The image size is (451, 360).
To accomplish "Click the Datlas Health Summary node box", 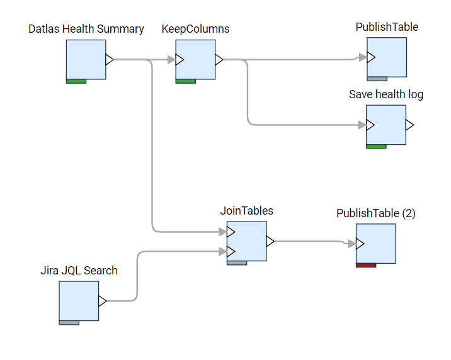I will click(86, 60).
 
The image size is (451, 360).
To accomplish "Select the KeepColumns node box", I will click(195, 60).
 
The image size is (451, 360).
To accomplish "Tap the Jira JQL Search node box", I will click(79, 301).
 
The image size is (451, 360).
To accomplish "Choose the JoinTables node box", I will click(246, 241).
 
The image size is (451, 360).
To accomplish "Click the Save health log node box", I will click(385, 125).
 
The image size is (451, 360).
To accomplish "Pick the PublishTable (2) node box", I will click(375, 244).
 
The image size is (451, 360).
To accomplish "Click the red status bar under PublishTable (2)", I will click(366, 266).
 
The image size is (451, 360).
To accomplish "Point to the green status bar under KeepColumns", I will click(185, 81).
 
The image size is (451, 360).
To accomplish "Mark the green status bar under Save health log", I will click(376, 147).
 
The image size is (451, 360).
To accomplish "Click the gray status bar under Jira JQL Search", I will click(69, 323).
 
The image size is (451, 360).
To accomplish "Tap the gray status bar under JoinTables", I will click(237, 263).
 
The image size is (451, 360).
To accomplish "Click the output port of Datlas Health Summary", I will click(109, 60).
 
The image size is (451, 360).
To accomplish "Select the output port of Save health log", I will click(409, 125).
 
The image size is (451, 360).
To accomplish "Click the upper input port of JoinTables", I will click(231, 232).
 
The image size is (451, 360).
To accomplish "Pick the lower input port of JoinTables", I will click(231, 252).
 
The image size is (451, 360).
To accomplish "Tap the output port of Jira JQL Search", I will click(102, 301).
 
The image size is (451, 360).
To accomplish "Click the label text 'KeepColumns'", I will click(195, 29).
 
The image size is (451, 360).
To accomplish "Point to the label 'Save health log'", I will click(385, 94).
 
